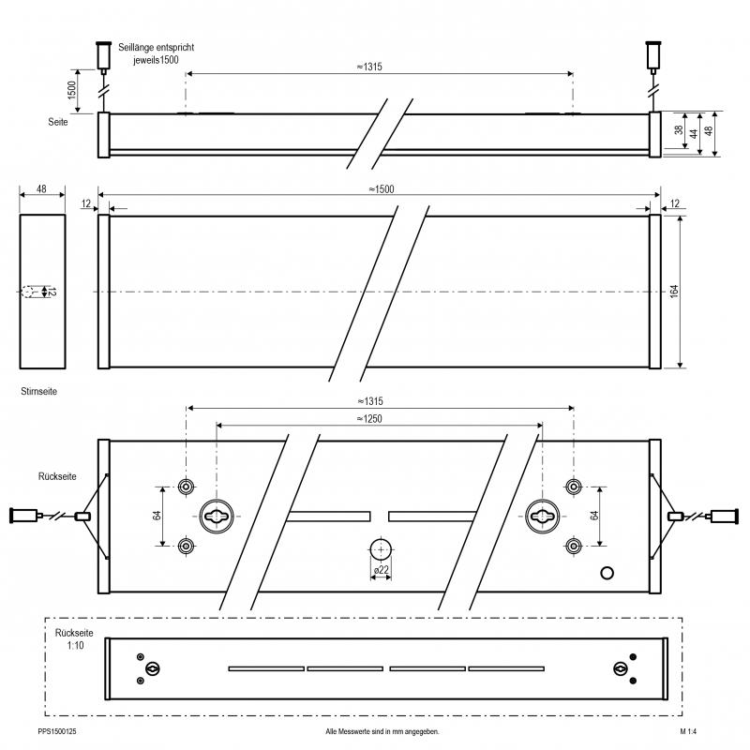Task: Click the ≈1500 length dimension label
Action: (x=382, y=189)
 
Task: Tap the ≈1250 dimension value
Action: (x=369, y=419)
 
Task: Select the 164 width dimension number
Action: (x=674, y=292)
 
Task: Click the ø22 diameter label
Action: (x=382, y=570)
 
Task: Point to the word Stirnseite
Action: (x=38, y=391)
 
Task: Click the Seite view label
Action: (x=58, y=122)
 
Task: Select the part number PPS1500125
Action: (x=57, y=731)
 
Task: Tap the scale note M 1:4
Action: (x=688, y=731)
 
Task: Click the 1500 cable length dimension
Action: (x=72, y=90)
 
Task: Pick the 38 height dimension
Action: (x=679, y=130)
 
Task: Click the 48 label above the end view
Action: (x=41, y=189)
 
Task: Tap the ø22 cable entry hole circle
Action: (x=381, y=550)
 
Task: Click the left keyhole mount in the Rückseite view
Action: (x=217, y=517)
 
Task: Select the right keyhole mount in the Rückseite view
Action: (x=543, y=517)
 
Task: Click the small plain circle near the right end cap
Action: (x=607, y=573)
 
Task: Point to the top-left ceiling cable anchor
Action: (x=103, y=56)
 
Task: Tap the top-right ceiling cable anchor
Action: (x=653, y=56)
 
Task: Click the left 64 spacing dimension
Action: (x=157, y=516)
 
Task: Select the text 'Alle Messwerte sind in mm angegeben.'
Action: (x=382, y=731)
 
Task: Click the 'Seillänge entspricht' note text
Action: (x=157, y=48)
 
